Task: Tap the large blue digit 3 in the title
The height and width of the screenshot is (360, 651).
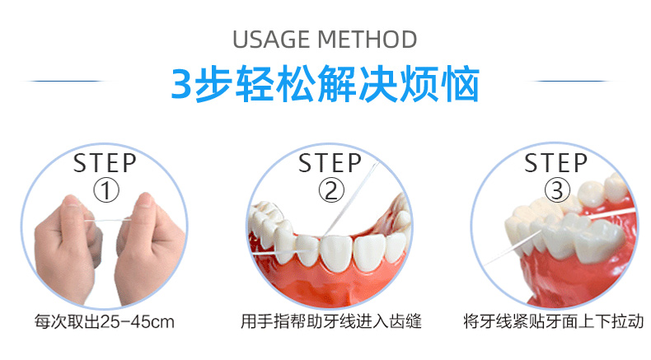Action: pos(181,85)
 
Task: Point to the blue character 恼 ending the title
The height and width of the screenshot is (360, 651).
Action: pos(461,85)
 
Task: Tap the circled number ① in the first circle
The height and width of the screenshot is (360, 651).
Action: pos(105,190)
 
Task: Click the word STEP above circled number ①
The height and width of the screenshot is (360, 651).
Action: pos(105,162)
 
